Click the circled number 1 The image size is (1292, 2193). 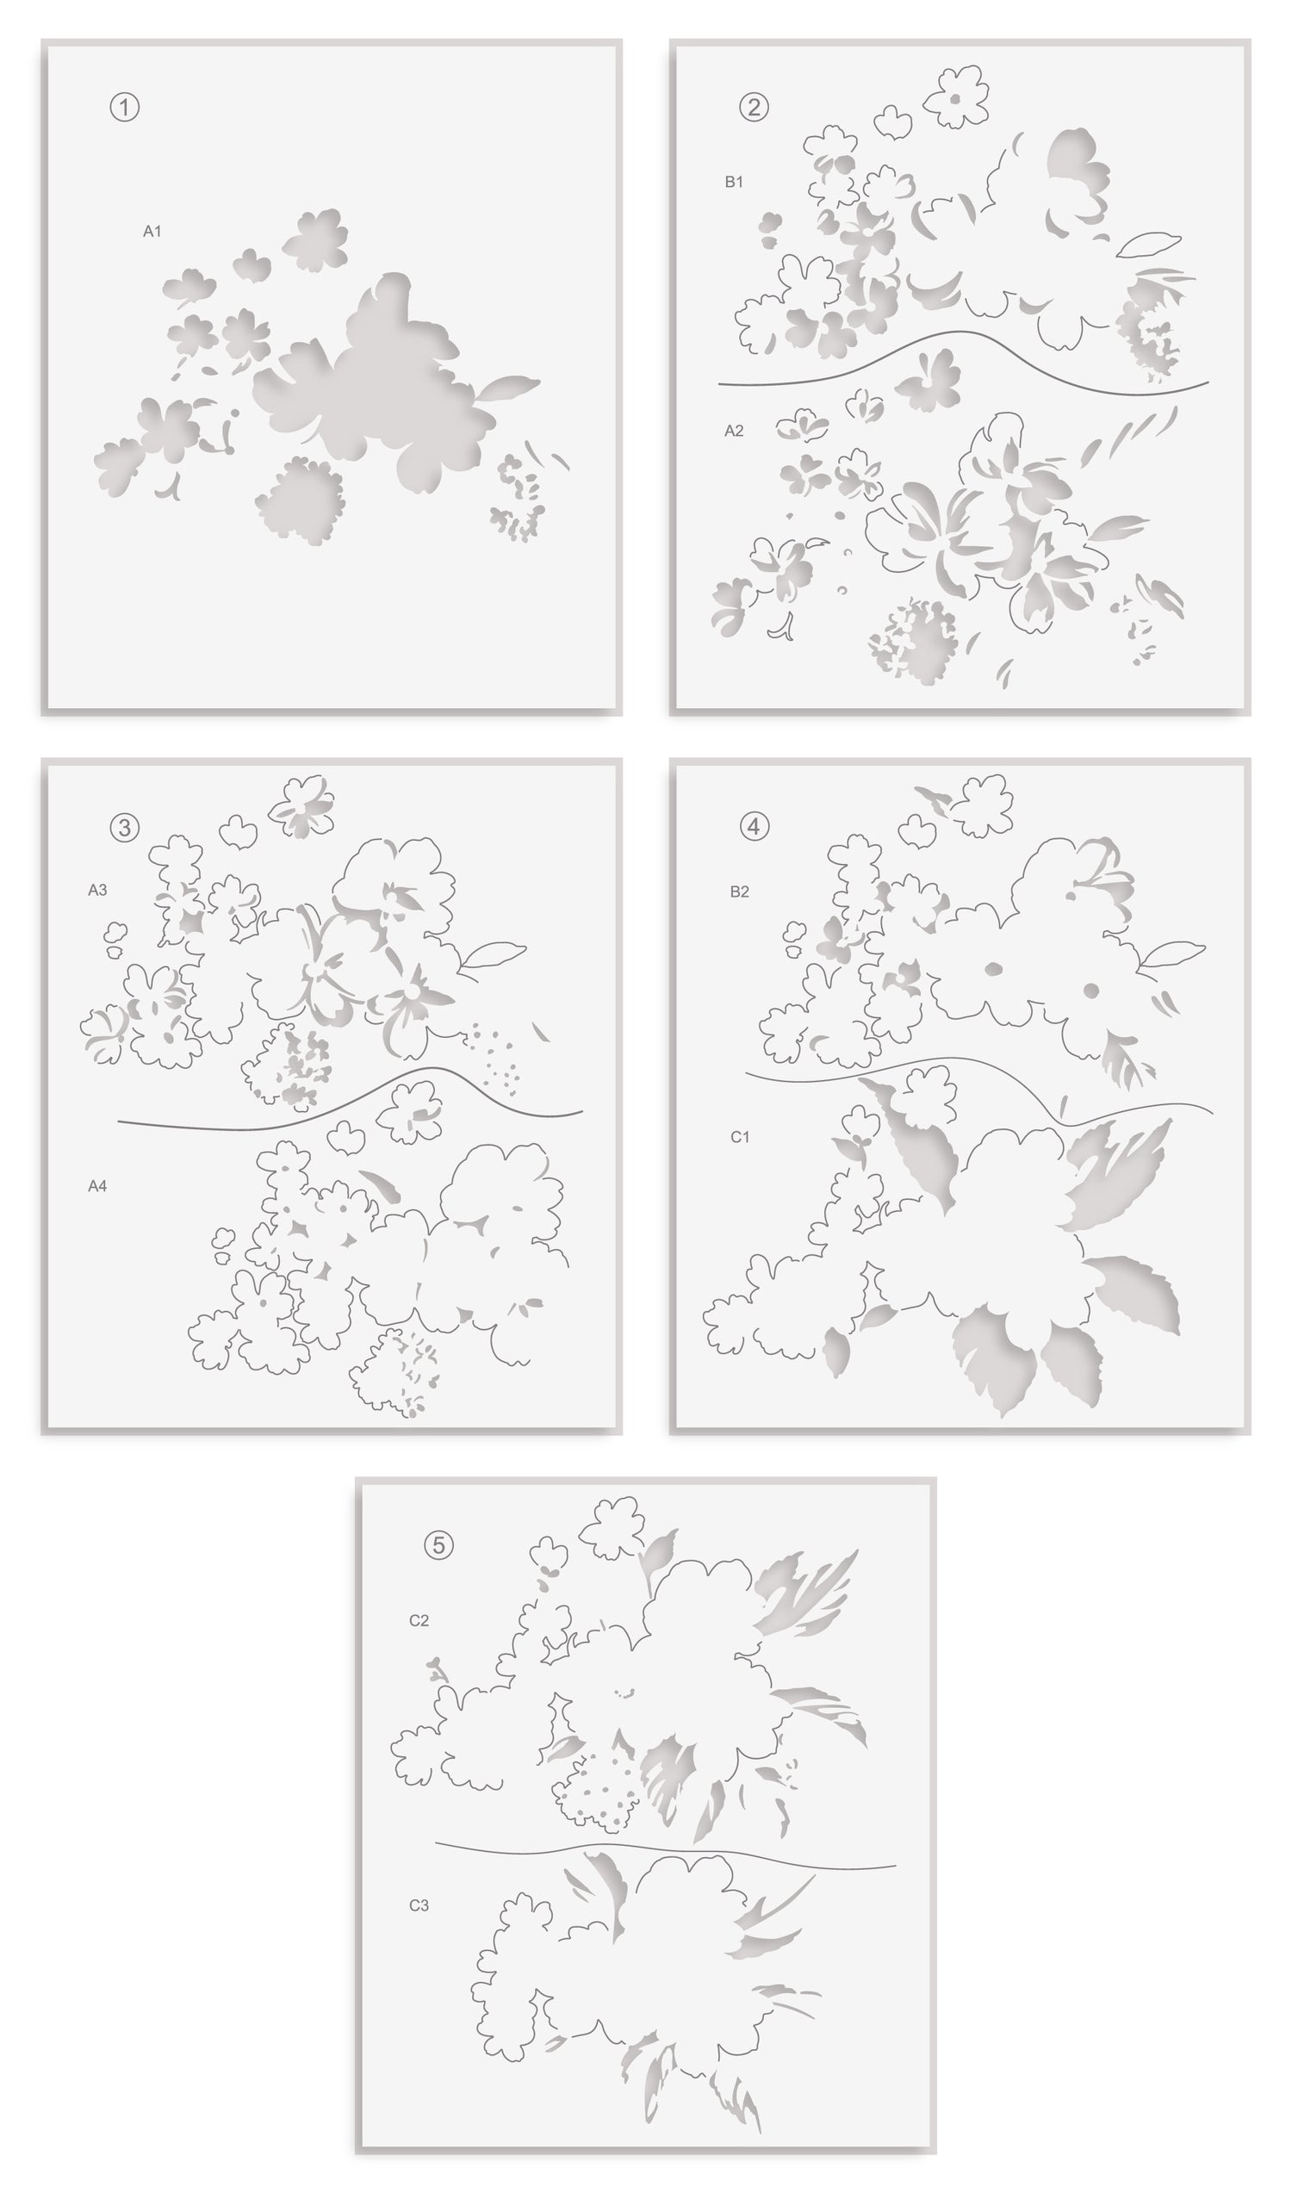pos(125,107)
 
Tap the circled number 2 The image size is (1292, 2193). pos(754,107)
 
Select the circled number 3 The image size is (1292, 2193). pos(125,827)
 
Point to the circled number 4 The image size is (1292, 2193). pos(754,826)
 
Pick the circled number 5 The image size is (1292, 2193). pos(438,1545)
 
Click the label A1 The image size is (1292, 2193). pos(152,232)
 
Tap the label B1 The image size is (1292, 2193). pos(734,182)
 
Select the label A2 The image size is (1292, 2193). pos(734,431)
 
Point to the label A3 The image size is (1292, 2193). pos(97,890)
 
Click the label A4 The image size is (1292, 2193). pos(97,1186)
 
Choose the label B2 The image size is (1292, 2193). pos(739,891)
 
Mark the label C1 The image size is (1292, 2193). pos(740,1137)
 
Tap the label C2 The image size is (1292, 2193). pos(419,1620)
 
